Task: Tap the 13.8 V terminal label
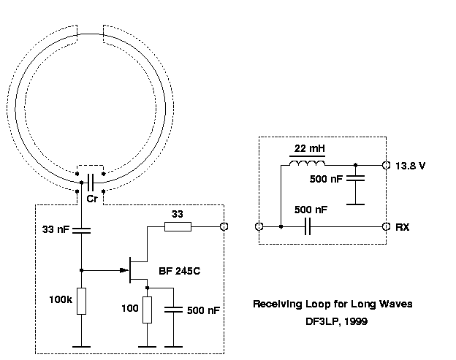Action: (410, 166)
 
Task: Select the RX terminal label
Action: (402, 227)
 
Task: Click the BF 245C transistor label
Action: (179, 272)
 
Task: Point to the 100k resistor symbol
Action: (81, 301)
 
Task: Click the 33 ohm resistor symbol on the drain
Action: (178, 227)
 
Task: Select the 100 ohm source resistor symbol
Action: (147, 309)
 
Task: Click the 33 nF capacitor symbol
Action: (81, 231)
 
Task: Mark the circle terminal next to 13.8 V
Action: (385, 166)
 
